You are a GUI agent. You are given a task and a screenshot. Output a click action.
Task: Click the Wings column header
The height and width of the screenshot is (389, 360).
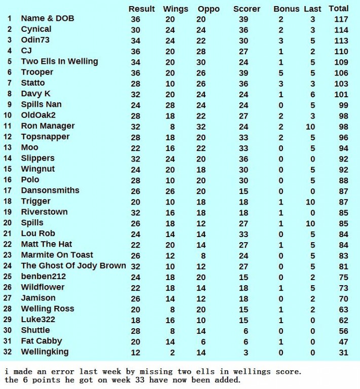click(175, 9)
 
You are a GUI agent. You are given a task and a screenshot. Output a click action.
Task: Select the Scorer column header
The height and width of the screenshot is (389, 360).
click(246, 9)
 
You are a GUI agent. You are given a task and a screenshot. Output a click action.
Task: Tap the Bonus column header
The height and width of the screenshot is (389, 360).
click(286, 9)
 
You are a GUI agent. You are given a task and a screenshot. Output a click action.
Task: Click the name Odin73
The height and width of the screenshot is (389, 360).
click(35, 40)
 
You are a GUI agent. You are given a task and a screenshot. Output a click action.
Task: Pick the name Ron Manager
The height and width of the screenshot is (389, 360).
click(48, 126)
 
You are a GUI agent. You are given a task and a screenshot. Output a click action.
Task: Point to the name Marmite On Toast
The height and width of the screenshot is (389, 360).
click(57, 255)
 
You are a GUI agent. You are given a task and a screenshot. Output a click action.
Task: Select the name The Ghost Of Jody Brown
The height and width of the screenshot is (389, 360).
click(73, 266)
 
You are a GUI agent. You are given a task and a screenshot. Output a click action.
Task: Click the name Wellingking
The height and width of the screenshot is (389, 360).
click(45, 352)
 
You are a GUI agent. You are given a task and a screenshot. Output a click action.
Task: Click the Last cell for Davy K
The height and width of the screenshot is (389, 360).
click(312, 94)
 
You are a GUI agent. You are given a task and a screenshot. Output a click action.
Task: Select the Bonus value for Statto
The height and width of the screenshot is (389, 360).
click(281, 84)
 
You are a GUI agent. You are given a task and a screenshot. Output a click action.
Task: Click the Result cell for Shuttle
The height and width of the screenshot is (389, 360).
click(135, 331)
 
